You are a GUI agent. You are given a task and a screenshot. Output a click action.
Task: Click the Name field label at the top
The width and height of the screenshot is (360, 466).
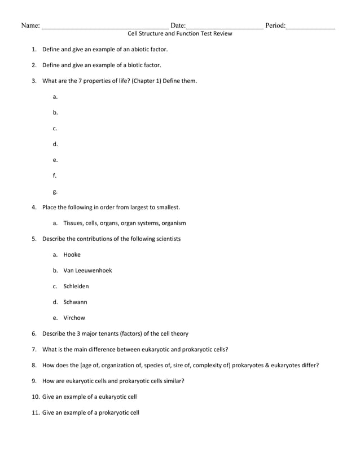30,25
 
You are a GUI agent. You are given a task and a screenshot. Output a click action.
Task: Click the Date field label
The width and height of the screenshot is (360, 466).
178,25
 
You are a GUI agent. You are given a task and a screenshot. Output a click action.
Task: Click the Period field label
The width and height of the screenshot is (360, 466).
275,25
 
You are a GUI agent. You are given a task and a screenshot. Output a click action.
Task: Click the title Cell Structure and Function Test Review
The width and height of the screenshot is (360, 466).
179,34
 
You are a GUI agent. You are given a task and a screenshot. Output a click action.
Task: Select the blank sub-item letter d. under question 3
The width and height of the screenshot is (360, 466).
55,144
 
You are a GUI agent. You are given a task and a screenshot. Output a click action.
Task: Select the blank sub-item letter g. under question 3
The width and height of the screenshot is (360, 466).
55,191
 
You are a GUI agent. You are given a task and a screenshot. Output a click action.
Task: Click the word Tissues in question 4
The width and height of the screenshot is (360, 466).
74,223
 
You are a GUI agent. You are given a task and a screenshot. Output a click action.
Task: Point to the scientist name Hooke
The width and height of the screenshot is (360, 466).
72,254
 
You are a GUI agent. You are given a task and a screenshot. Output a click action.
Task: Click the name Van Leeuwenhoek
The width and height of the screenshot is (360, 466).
87,270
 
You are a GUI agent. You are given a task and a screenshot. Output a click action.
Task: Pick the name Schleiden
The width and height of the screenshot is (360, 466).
76,286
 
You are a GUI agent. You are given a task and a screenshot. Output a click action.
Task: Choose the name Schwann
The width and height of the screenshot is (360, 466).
75,302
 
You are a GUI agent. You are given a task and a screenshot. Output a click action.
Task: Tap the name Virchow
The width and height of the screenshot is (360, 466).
74,318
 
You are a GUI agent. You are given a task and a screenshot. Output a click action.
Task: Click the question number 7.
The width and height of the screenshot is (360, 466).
34,349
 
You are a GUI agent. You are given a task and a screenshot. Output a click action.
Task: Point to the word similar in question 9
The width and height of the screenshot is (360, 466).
172,381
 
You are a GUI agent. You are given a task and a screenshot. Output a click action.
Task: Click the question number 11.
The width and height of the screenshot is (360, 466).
36,412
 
